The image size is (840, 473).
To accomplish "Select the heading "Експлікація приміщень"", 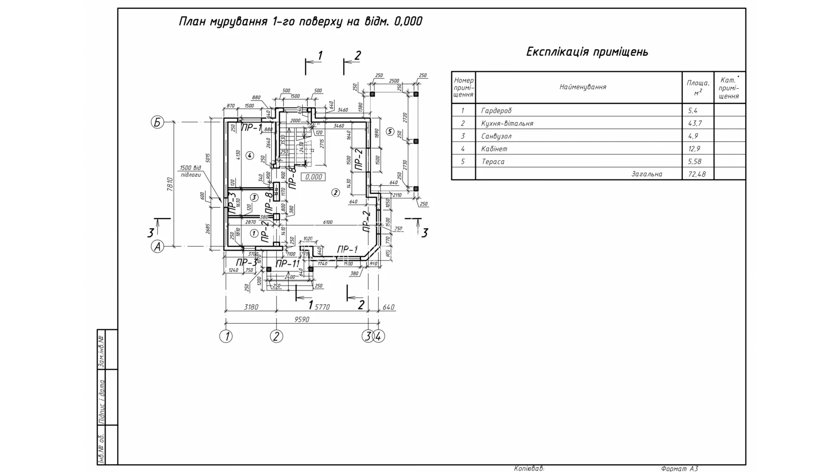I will (x=587, y=52).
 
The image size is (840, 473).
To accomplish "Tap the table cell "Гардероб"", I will (x=496, y=111).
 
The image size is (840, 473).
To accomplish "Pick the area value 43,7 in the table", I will (x=694, y=124).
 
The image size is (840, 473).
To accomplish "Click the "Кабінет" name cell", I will (x=494, y=149).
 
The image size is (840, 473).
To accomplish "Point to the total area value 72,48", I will (x=696, y=174).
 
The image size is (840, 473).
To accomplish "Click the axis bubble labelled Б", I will (x=157, y=122).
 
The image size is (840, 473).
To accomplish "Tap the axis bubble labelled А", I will (x=157, y=247).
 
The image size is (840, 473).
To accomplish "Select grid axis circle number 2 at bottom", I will (x=276, y=336).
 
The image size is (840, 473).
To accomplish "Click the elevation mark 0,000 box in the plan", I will (x=314, y=177).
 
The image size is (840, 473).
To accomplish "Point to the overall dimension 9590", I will (x=301, y=320).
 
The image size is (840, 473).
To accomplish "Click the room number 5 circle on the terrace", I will (x=391, y=131).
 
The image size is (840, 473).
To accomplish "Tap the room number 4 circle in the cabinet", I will (x=249, y=155).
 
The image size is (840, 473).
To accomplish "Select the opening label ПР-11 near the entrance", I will (x=287, y=264).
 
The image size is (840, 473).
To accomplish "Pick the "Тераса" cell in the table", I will (x=493, y=162).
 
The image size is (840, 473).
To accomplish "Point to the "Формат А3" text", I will (x=679, y=469).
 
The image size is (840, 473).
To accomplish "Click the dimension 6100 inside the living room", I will (x=327, y=222).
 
